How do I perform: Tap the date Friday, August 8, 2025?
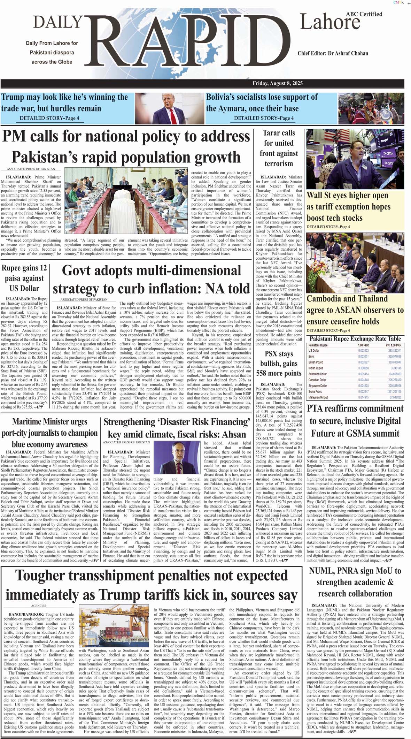pos(278,83)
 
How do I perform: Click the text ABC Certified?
pos(364,14)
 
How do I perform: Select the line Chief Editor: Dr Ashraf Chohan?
pos(333,53)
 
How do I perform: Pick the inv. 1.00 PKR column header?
pos(393,345)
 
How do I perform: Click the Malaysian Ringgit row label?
pos(318,397)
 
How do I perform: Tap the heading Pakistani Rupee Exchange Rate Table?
pos(355,339)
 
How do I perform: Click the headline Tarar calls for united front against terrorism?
pos(278,148)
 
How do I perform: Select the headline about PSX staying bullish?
pos(279,364)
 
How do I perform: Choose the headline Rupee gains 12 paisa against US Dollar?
pos(24,278)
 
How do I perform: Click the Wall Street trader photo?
pos(355,159)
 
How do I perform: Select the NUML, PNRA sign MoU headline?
pos(355,582)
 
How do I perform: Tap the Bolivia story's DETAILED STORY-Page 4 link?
pos(263,118)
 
